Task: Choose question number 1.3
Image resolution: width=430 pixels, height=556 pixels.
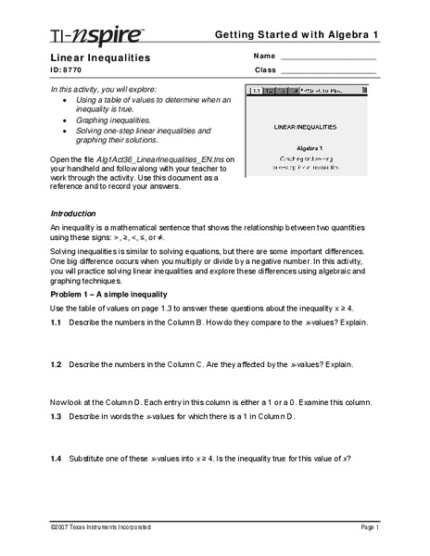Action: (56, 418)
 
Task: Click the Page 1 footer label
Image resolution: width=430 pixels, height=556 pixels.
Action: (367, 526)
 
